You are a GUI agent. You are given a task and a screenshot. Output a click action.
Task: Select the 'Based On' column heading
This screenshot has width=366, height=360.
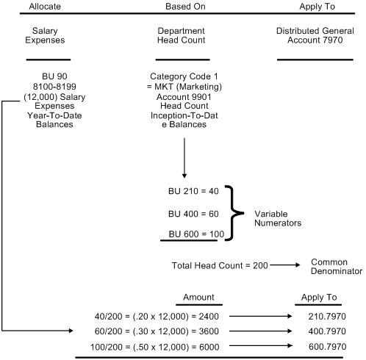pyautogui.click(x=184, y=6)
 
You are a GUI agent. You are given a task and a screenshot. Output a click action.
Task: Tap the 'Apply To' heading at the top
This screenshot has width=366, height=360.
pyautogui.click(x=318, y=6)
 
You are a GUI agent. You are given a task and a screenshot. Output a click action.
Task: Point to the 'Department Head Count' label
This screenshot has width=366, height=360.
pyautogui.click(x=183, y=37)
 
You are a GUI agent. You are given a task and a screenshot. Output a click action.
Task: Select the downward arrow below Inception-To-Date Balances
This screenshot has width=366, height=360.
pyautogui.click(x=184, y=159)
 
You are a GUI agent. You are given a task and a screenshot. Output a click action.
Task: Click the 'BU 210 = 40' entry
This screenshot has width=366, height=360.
pyautogui.click(x=193, y=191)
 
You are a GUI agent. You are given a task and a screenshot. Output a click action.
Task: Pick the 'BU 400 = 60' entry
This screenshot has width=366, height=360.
pyautogui.click(x=193, y=213)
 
